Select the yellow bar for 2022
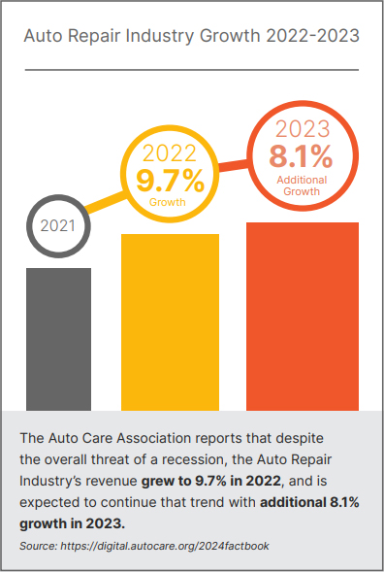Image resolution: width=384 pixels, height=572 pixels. pyautogui.click(x=170, y=321)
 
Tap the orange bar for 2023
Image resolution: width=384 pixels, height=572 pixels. pyautogui.click(x=303, y=316)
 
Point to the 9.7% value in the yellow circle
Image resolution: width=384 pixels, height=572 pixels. pyautogui.click(x=170, y=180)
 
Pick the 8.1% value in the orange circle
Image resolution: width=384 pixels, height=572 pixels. pyautogui.click(x=303, y=155)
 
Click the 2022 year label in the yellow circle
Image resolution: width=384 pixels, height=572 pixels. pyautogui.click(x=170, y=152)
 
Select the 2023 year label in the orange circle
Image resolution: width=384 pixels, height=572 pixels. pyautogui.click(x=303, y=129)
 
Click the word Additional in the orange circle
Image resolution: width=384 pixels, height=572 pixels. pyautogui.click(x=303, y=180)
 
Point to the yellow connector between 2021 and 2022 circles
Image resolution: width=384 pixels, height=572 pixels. pyautogui.click(x=104, y=200)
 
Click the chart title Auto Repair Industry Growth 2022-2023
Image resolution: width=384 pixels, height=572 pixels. pyautogui.click(x=191, y=38)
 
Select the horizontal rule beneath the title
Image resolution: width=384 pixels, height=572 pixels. pyautogui.click(x=191, y=70)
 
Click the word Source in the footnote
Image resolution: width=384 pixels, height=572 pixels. pyautogui.click(x=39, y=547)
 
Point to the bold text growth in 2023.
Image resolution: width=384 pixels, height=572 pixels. pyautogui.click(x=73, y=523)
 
